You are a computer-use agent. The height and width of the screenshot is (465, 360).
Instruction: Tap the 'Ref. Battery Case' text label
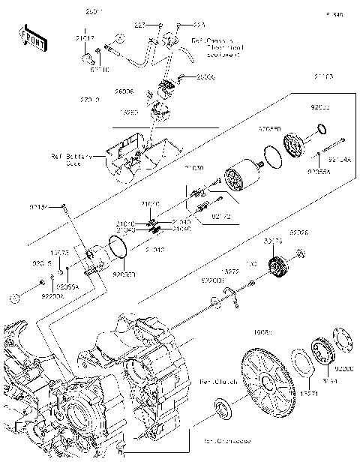point(70,159)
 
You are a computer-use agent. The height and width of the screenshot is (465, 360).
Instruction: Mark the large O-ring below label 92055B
point(273,157)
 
